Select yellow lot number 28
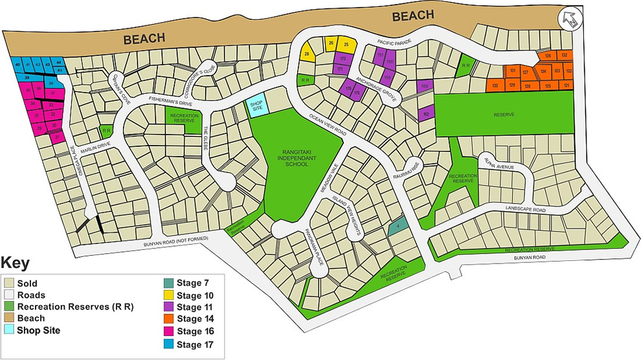point(307,54)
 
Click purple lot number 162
point(426,114)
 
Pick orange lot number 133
point(495,85)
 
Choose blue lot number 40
point(17,64)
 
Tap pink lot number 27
point(57,137)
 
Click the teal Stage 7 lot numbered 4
point(396,226)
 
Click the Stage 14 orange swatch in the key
point(168,319)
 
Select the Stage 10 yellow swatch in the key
point(168,295)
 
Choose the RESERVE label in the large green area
point(503,115)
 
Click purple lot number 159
point(425,85)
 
